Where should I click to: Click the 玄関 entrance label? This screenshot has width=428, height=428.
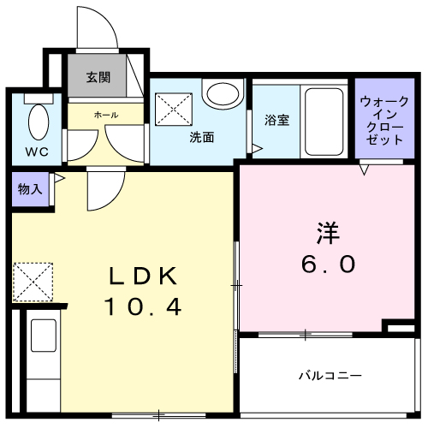[x=98, y=77]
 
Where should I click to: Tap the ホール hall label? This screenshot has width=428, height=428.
[x=106, y=114]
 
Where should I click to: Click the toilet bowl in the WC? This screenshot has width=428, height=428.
[x=38, y=122]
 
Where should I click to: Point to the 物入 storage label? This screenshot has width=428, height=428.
[x=29, y=188]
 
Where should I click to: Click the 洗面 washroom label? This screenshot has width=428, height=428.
[x=202, y=135]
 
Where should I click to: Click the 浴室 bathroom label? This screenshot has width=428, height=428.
[x=277, y=120]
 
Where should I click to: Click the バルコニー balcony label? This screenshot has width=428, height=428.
[x=330, y=375]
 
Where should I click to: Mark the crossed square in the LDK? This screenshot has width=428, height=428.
[x=33, y=281]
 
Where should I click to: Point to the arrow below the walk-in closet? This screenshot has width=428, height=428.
[x=364, y=170]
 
